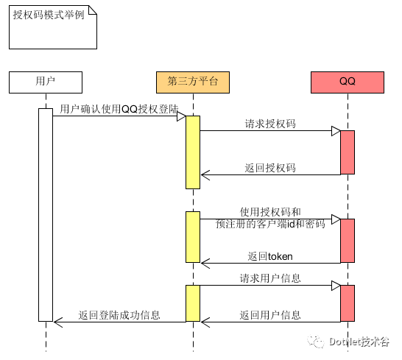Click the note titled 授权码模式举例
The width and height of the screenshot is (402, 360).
(53, 27)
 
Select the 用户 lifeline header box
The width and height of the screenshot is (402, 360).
(46, 82)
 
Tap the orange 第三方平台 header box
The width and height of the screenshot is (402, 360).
(193, 82)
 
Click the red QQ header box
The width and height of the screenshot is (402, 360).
(348, 82)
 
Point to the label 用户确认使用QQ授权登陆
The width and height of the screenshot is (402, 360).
(119, 109)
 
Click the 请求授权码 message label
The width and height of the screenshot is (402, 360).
(270, 124)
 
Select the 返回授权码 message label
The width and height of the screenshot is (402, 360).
(270, 168)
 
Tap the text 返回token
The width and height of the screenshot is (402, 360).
(270, 256)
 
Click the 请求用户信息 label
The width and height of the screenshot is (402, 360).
(270, 278)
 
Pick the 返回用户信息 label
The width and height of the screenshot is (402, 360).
(270, 315)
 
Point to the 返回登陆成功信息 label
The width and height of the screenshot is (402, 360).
(119, 315)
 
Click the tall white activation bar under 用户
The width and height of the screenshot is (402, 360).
(46, 215)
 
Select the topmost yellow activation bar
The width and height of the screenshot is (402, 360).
(193, 152)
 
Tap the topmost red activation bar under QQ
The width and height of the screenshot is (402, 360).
(348, 152)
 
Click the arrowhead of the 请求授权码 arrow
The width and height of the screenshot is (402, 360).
(336, 131)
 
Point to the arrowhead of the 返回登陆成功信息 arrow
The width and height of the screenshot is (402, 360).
(58, 322)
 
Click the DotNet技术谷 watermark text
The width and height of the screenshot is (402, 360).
(359, 342)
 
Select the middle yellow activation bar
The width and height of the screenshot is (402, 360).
(193, 237)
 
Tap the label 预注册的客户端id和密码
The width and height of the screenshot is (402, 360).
(270, 224)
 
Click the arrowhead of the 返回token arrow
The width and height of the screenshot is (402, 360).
(205, 264)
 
